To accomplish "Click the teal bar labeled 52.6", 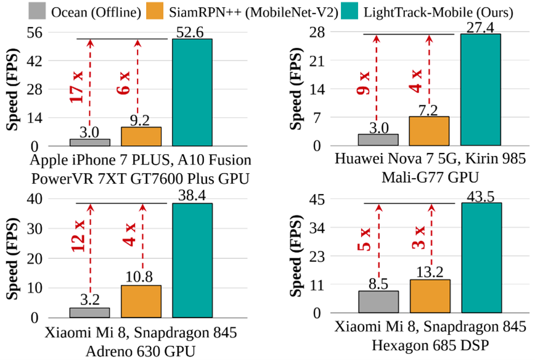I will pyautogui.click(x=192, y=92).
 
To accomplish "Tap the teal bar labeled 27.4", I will pyautogui.click(x=481, y=90).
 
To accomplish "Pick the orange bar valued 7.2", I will pyautogui.click(x=429, y=131).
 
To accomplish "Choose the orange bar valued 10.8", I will pyautogui.click(x=141, y=301).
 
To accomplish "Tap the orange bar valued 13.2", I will pyautogui.click(x=430, y=297).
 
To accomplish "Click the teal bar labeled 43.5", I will pyautogui.click(x=481, y=258).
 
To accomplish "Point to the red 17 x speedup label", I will pyautogui.click(x=77, y=86).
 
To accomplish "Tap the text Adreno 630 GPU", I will pyautogui.click(x=141, y=351).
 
